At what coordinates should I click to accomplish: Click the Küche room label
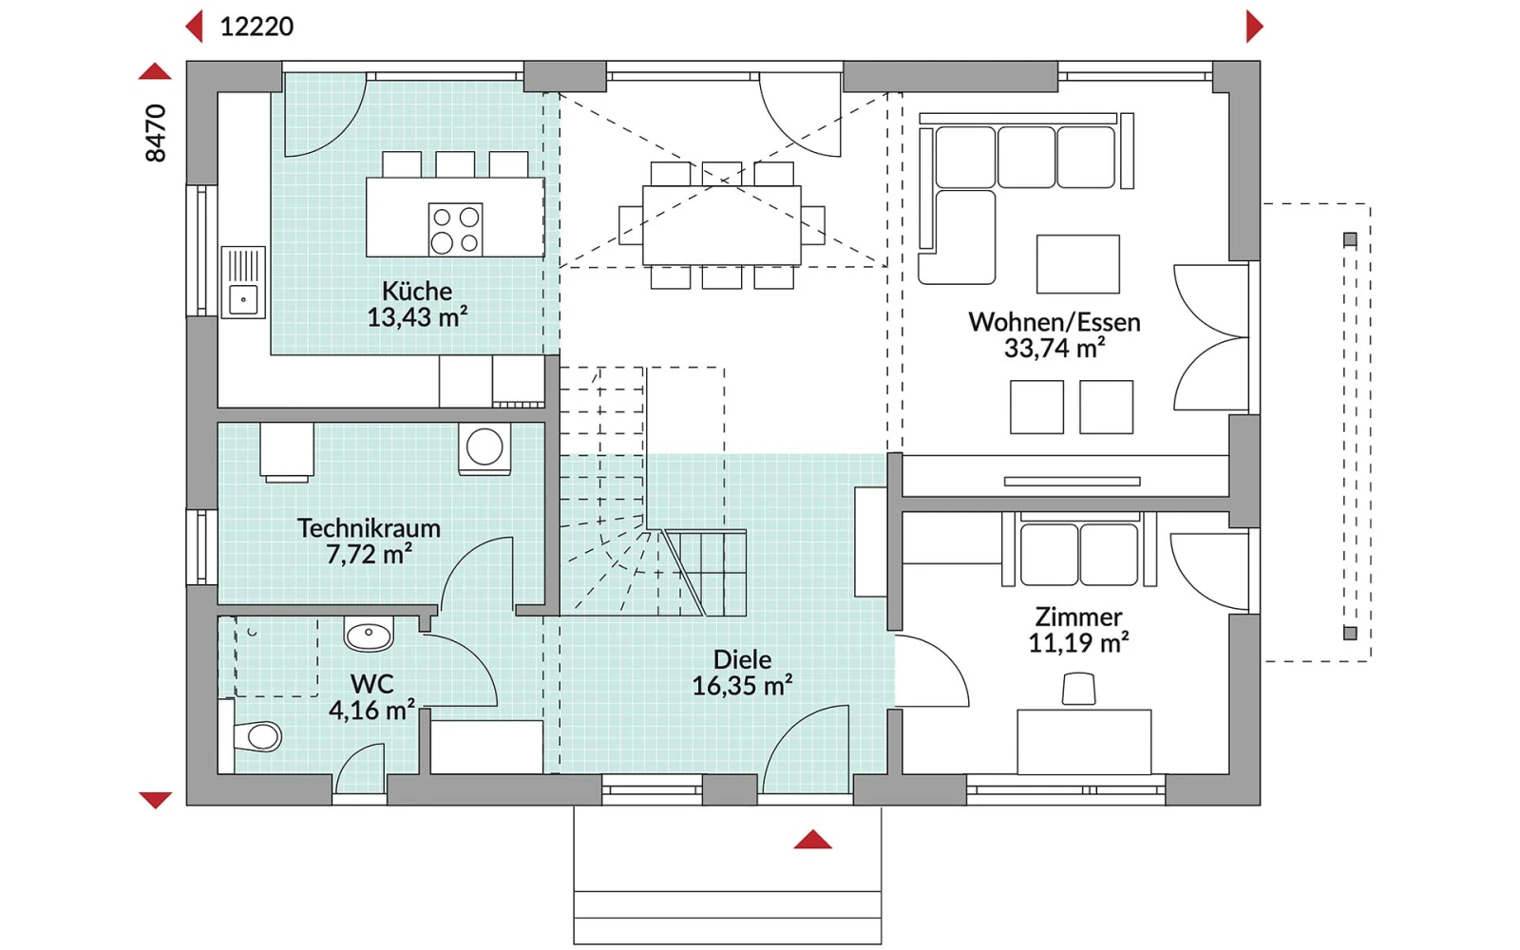coord(417,291)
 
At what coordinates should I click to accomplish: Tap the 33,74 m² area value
coord(1054,348)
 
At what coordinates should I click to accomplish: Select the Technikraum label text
coord(369,528)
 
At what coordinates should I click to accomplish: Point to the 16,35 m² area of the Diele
coord(742,685)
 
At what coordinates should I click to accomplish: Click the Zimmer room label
coord(1078,617)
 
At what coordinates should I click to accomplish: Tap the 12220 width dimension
coord(256,27)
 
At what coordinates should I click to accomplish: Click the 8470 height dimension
coord(156,133)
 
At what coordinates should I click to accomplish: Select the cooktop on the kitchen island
coord(455,229)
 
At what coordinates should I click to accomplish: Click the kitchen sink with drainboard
coord(243,281)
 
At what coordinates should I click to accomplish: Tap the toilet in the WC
coord(256,736)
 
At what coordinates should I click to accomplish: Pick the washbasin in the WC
coord(369,634)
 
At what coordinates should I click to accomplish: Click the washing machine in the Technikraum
coord(484,448)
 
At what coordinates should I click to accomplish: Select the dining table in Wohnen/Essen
coord(721,225)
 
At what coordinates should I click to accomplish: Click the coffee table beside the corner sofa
coord(1077,264)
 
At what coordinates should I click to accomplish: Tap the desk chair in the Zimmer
coord(1078,689)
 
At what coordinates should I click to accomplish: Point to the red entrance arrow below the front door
coord(812,840)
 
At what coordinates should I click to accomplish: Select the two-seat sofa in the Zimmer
coord(1079,549)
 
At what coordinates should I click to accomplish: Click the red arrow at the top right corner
coord(1254,27)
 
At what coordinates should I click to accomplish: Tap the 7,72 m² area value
coord(370,555)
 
